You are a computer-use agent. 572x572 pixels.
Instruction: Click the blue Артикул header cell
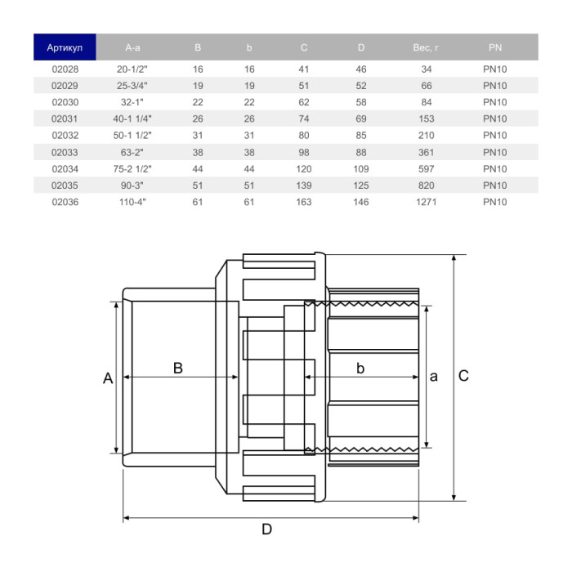[65, 47]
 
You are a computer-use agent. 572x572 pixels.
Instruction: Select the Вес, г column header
[426, 47]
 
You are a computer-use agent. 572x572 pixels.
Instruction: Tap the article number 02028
[65, 69]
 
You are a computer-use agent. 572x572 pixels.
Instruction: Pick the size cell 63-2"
[134, 152]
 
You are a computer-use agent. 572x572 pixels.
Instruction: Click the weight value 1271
[426, 202]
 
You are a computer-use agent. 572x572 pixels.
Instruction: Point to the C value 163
[304, 202]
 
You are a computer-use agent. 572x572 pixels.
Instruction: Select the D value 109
[361, 168]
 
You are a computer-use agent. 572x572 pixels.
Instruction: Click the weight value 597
[426, 168]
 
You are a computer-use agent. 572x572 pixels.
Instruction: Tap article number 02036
[65, 202]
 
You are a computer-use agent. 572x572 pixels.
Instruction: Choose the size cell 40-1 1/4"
[134, 118]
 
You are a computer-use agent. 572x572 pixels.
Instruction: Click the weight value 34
[426, 69]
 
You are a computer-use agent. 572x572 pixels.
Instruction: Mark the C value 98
[304, 152]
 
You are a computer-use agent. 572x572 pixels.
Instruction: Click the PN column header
[495, 47]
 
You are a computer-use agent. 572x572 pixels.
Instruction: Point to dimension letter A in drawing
[107, 378]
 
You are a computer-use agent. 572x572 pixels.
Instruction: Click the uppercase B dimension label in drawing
[177, 368]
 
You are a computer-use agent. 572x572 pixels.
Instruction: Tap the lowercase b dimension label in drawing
[360, 368]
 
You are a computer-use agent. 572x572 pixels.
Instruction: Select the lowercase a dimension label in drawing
[433, 376]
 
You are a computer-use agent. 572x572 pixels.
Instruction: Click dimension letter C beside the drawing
[463, 376]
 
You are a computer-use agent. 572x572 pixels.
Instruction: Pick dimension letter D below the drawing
[266, 530]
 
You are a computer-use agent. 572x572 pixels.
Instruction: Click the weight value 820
[426, 185]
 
